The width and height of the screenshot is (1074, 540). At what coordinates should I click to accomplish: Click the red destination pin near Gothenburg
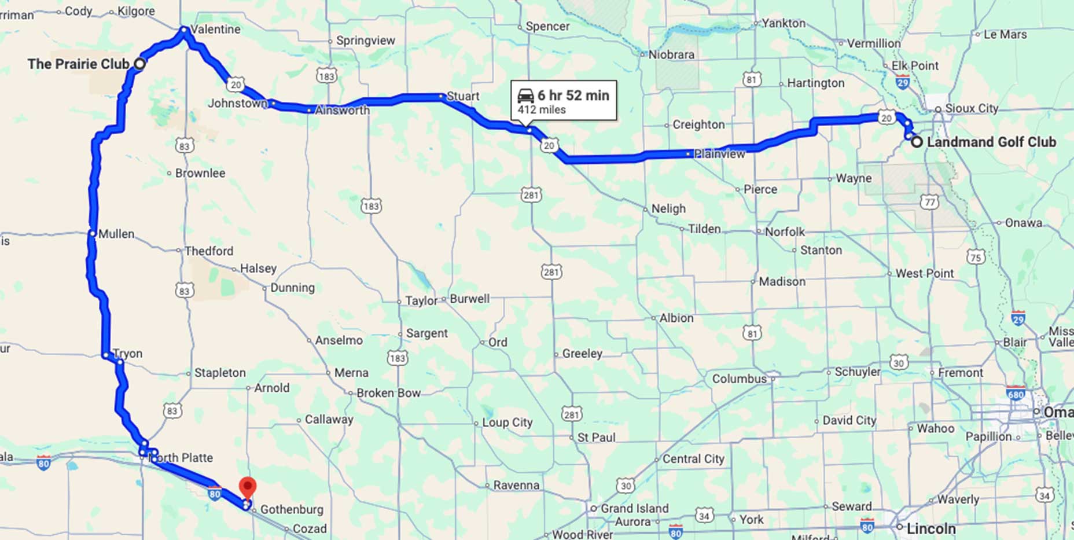[248, 488]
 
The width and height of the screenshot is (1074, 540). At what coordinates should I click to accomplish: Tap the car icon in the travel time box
[525, 95]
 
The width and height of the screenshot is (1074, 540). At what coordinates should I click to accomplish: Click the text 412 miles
[542, 109]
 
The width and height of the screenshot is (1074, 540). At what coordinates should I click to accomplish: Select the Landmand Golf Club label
[991, 142]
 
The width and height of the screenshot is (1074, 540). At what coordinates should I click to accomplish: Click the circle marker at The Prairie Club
[139, 64]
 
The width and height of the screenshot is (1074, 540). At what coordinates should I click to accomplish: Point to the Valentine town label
[215, 29]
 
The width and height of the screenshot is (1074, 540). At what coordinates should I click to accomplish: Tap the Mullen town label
[116, 234]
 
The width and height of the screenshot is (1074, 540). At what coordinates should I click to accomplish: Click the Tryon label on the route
[127, 353]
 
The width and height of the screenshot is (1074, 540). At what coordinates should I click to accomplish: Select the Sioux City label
[971, 108]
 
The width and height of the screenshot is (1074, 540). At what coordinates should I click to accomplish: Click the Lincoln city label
[930, 528]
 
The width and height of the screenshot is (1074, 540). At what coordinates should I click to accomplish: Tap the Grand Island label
[634, 508]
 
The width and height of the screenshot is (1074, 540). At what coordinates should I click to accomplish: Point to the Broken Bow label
[388, 393]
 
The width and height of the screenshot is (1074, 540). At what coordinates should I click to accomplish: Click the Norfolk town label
[784, 232]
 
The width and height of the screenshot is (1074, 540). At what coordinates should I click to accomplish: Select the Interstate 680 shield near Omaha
[1016, 394]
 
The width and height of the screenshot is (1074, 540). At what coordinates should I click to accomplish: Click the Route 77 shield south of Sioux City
[929, 202]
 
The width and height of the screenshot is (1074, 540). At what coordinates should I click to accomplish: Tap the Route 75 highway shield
[976, 257]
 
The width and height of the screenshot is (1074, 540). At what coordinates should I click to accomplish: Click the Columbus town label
[738, 379]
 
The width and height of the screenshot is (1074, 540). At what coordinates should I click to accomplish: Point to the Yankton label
[783, 23]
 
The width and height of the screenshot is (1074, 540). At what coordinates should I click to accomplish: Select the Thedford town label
[208, 251]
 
